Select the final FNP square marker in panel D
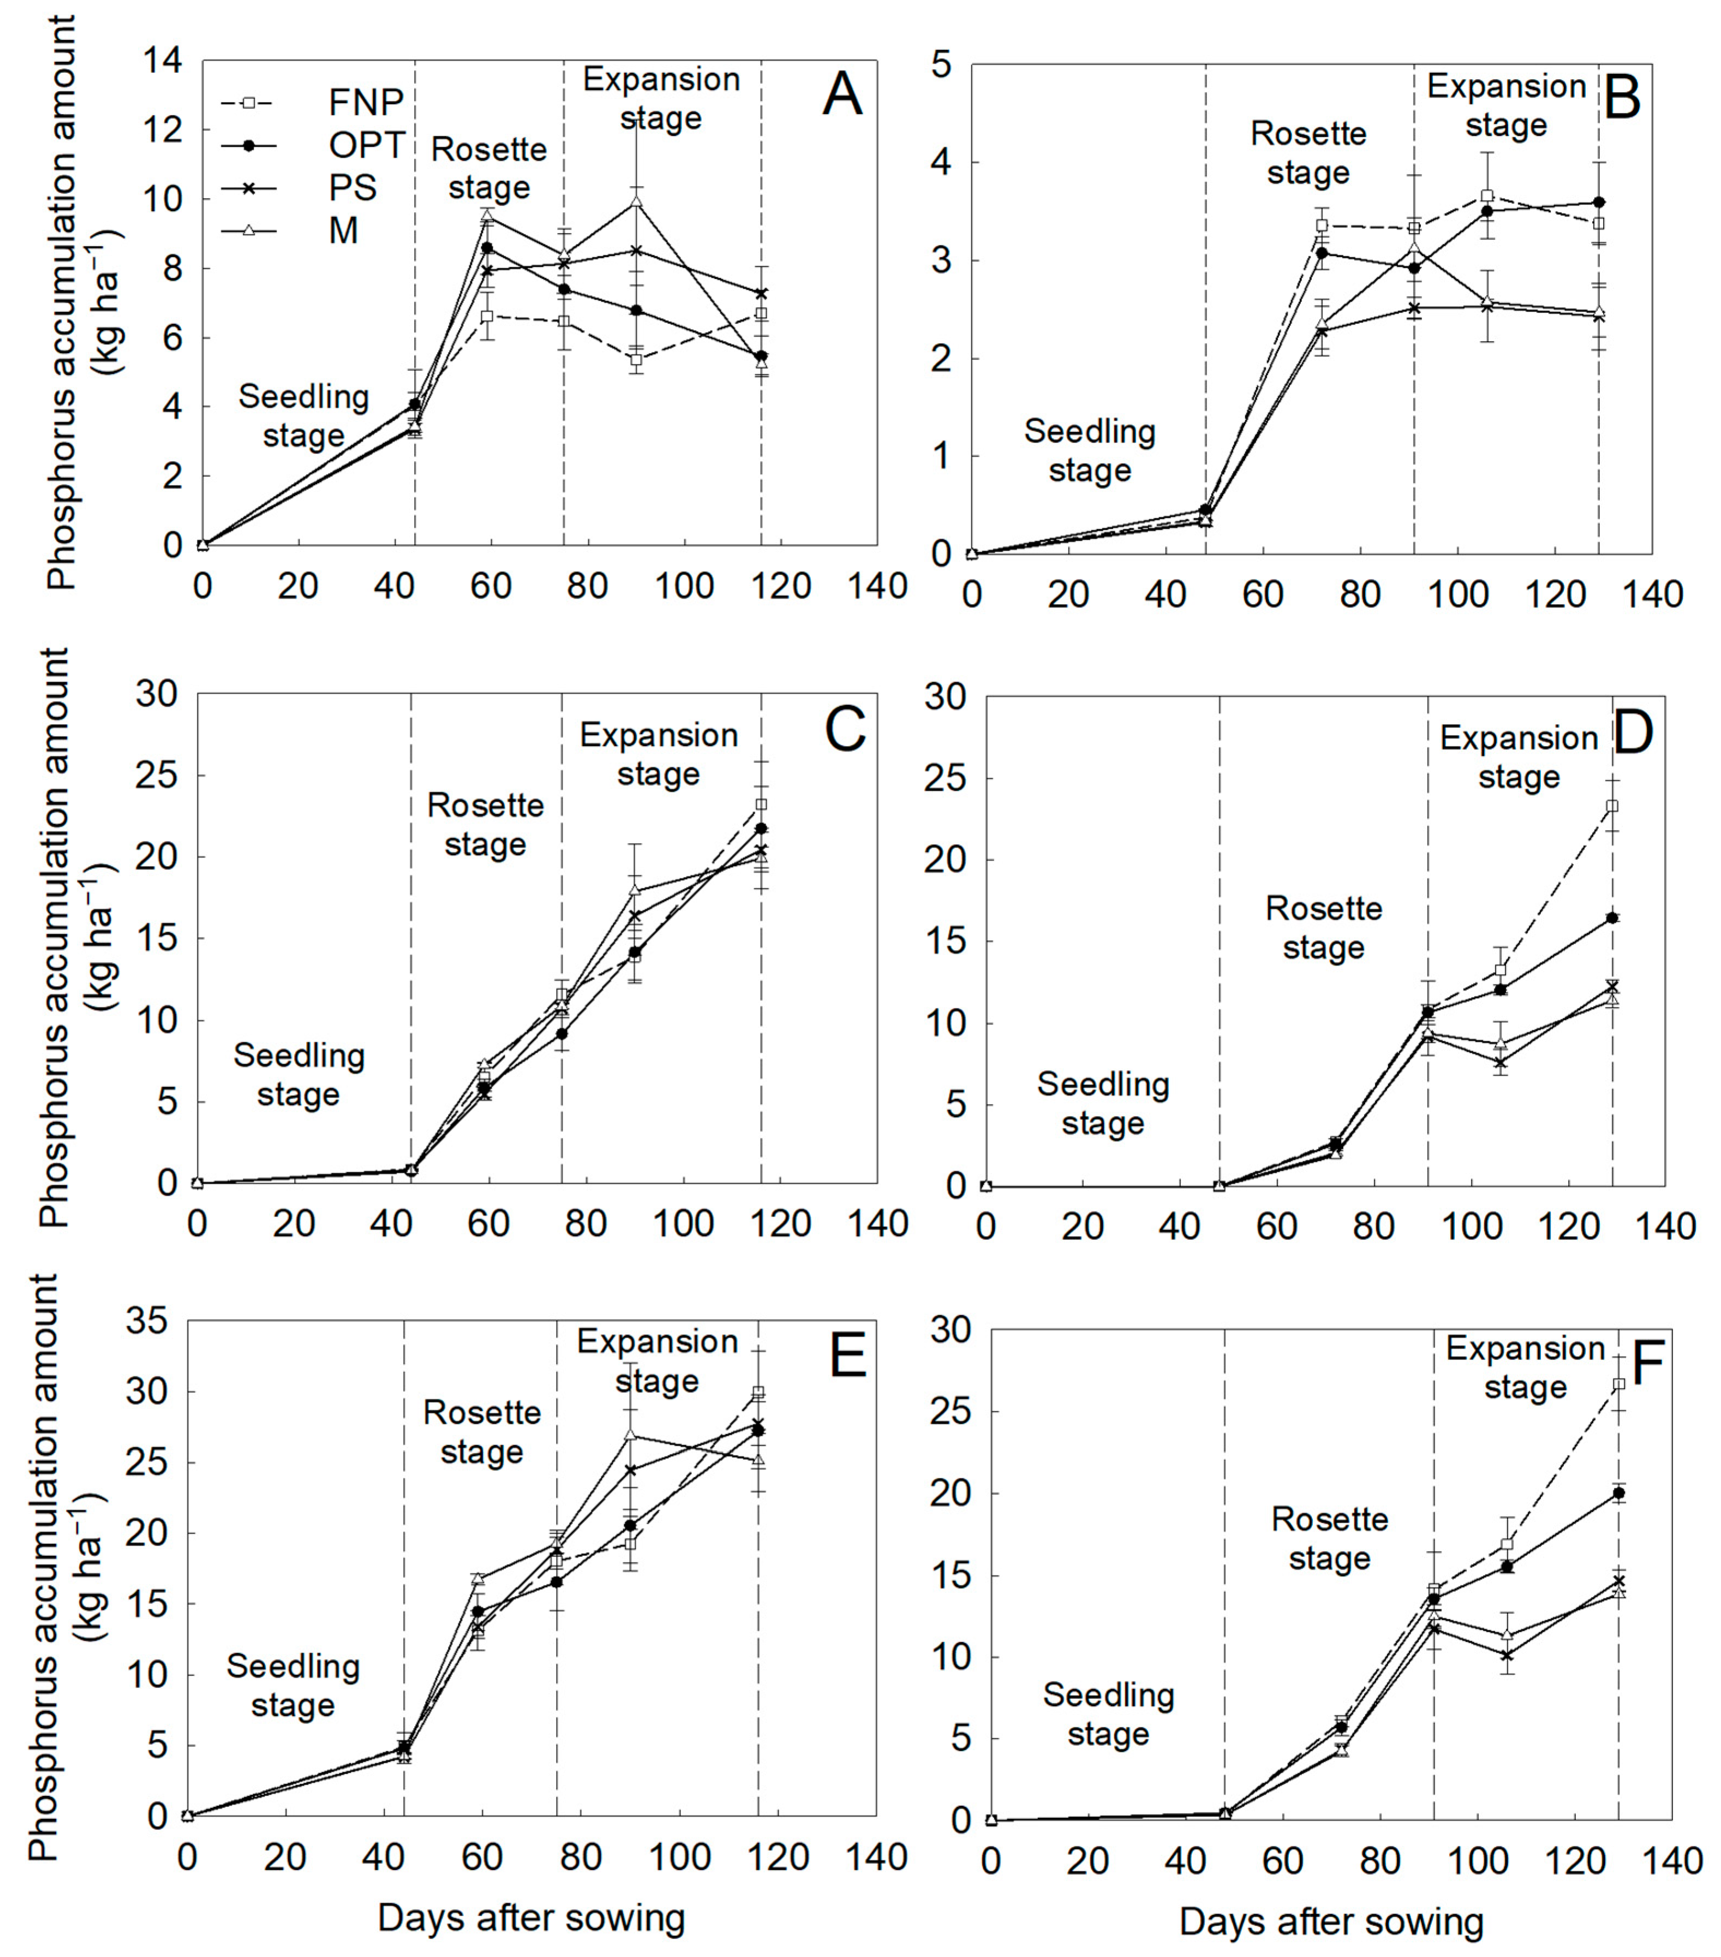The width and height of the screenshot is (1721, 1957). (x=1613, y=806)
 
